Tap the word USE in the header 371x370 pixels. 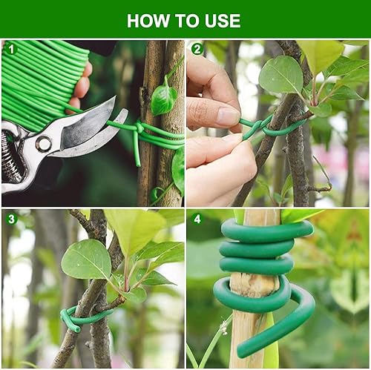click(x=223, y=21)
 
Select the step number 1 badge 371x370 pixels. click(x=11, y=49)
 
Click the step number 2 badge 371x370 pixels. click(x=197, y=49)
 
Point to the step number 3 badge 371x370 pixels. click(x=11, y=219)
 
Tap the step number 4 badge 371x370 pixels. click(x=197, y=219)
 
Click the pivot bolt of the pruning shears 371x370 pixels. click(x=44, y=143)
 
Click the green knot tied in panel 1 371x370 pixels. click(x=139, y=128)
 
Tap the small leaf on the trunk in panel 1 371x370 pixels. click(x=163, y=98)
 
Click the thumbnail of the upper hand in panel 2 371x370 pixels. click(x=229, y=115)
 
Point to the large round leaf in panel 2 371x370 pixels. click(x=281, y=75)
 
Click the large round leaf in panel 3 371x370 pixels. click(x=87, y=260)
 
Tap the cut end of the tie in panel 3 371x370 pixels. click(x=76, y=329)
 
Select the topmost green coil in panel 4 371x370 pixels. click(x=267, y=232)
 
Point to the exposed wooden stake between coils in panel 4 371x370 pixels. click(x=255, y=284)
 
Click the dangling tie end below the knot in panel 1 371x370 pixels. click(x=137, y=150)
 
